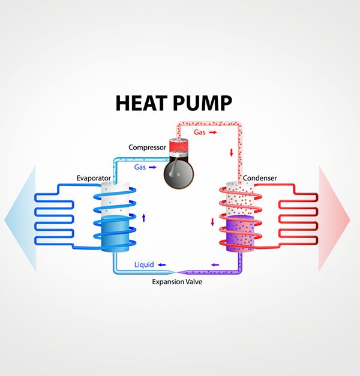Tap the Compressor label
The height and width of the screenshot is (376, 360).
point(147,147)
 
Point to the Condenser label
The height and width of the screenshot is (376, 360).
point(259,178)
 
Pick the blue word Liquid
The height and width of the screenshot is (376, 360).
point(144,264)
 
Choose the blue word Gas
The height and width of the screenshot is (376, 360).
point(140,166)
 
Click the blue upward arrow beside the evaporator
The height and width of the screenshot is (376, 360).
point(143,217)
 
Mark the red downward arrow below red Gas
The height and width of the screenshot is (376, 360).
point(230,153)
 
